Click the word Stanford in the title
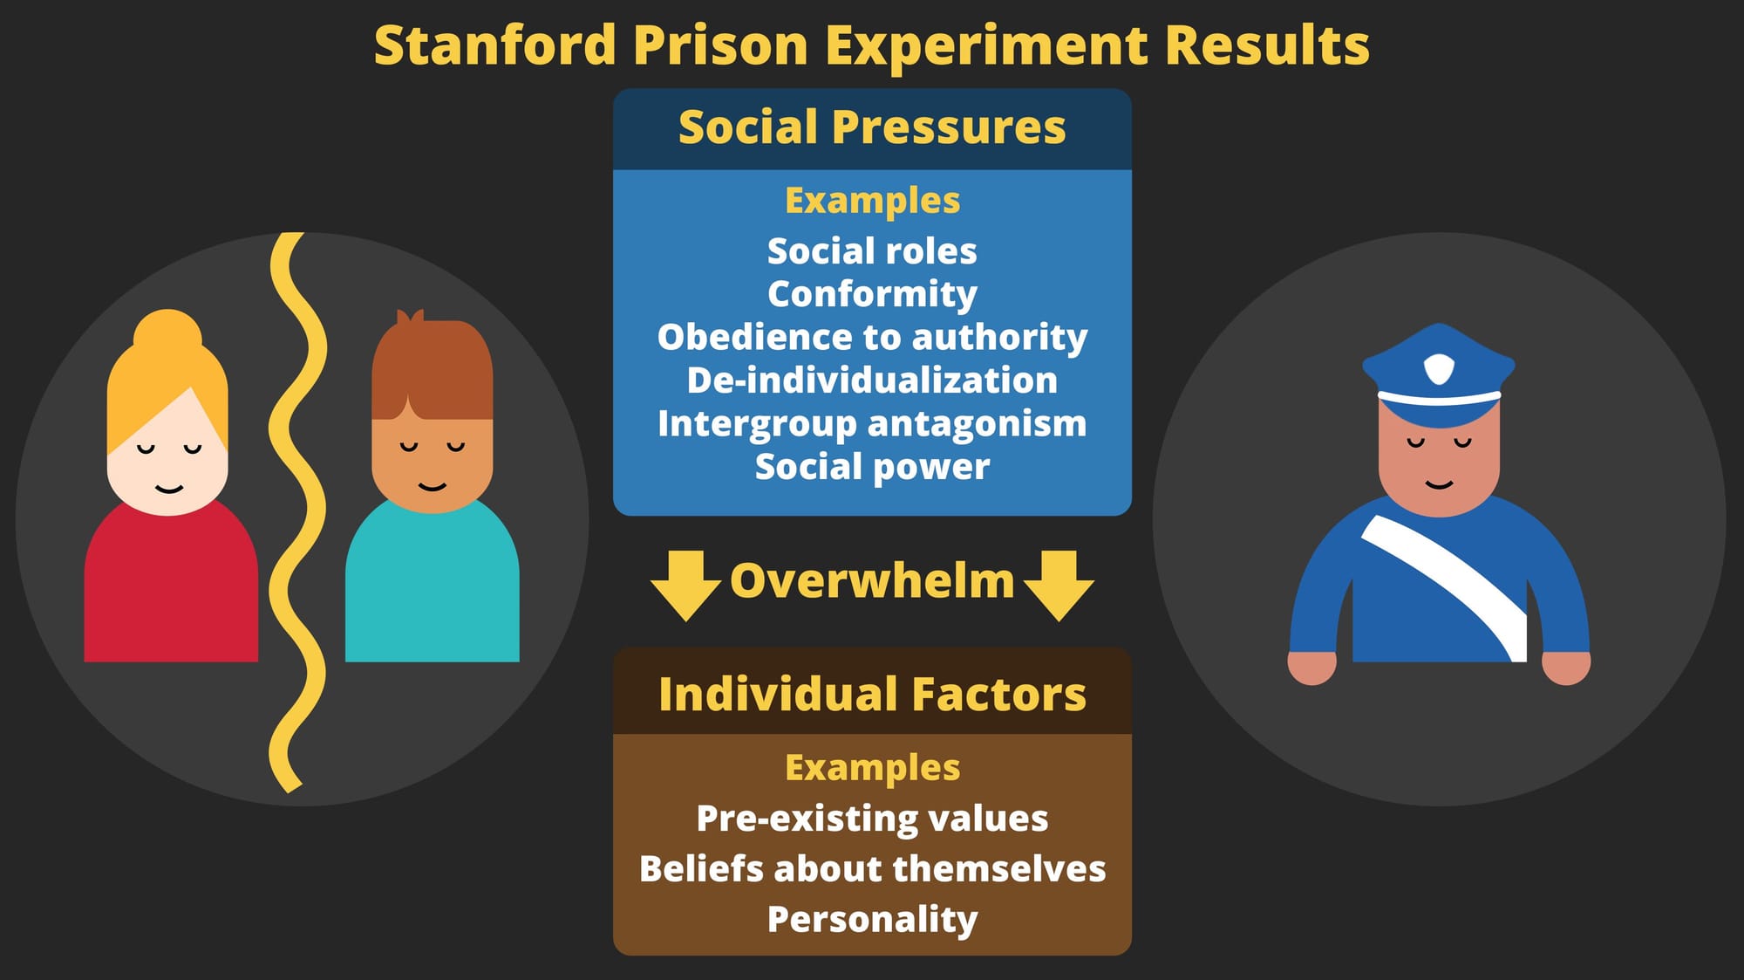click(x=494, y=45)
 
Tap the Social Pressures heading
click(x=872, y=127)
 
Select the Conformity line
click(x=872, y=295)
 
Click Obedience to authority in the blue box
click(x=872, y=338)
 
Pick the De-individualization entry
click(x=872, y=380)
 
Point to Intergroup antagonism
click(x=872, y=424)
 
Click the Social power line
click(x=872, y=467)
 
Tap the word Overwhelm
click(x=872, y=581)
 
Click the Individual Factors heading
click(x=872, y=695)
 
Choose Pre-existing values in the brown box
click(x=872, y=819)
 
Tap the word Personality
click(x=872, y=920)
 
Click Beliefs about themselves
click(x=872, y=869)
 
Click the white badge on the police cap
click(x=1439, y=368)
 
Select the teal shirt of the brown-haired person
click(x=433, y=585)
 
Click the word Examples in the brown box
click(x=872, y=768)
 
